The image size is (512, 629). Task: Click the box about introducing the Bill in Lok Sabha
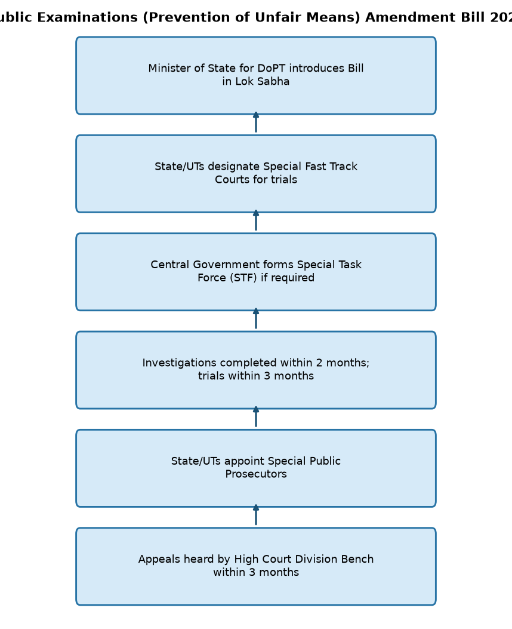[x=256, y=75]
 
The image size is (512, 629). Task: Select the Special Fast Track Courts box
[x=256, y=174]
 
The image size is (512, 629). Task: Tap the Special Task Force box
[x=256, y=272]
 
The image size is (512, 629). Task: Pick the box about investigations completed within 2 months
[x=256, y=370]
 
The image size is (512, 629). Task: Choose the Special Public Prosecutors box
[x=256, y=468]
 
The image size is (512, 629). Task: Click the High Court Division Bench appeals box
[x=256, y=566]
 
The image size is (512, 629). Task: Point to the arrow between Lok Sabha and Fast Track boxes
[x=256, y=122]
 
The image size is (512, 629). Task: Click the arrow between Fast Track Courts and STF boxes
[x=256, y=220]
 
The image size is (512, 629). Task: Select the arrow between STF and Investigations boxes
[x=256, y=318]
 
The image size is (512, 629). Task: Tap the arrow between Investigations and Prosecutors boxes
[x=256, y=417]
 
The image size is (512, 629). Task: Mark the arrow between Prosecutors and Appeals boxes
[x=256, y=515]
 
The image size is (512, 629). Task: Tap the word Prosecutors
[x=256, y=474]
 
